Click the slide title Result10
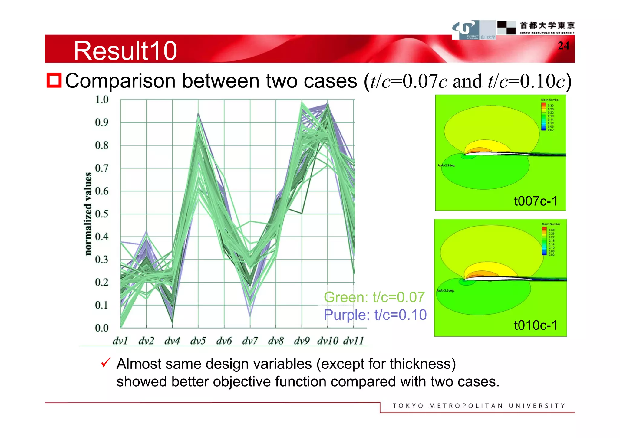(125, 51)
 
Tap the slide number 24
(563, 46)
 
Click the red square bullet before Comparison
(54, 80)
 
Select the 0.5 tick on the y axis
(101, 214)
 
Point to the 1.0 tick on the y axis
(101, 100)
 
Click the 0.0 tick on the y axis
(101, 328)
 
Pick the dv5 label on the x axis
(198, 341)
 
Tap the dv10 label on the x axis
(327, 341)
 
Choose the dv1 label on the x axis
(120, 341)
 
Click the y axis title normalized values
(88, 214)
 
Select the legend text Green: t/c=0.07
(374, 297)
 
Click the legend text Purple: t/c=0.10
(375, 315)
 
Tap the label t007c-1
(536, 201)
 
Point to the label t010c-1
(536, 325)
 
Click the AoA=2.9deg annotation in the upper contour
(446, 165)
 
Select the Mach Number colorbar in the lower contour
(544, 241)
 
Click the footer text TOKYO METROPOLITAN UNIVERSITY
(479, 406)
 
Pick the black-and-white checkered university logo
(506, 28)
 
